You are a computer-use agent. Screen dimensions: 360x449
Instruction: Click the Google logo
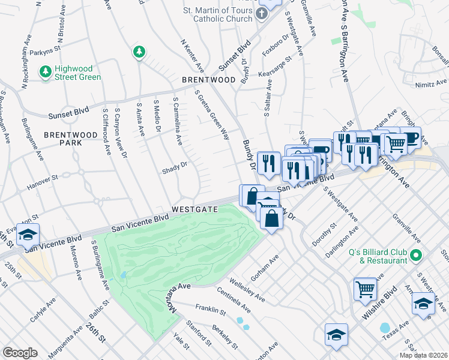coord(20,353)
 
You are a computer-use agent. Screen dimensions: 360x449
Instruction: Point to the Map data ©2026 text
coord(423,355)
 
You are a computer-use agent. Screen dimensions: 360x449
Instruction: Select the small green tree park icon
coord(139,53)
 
